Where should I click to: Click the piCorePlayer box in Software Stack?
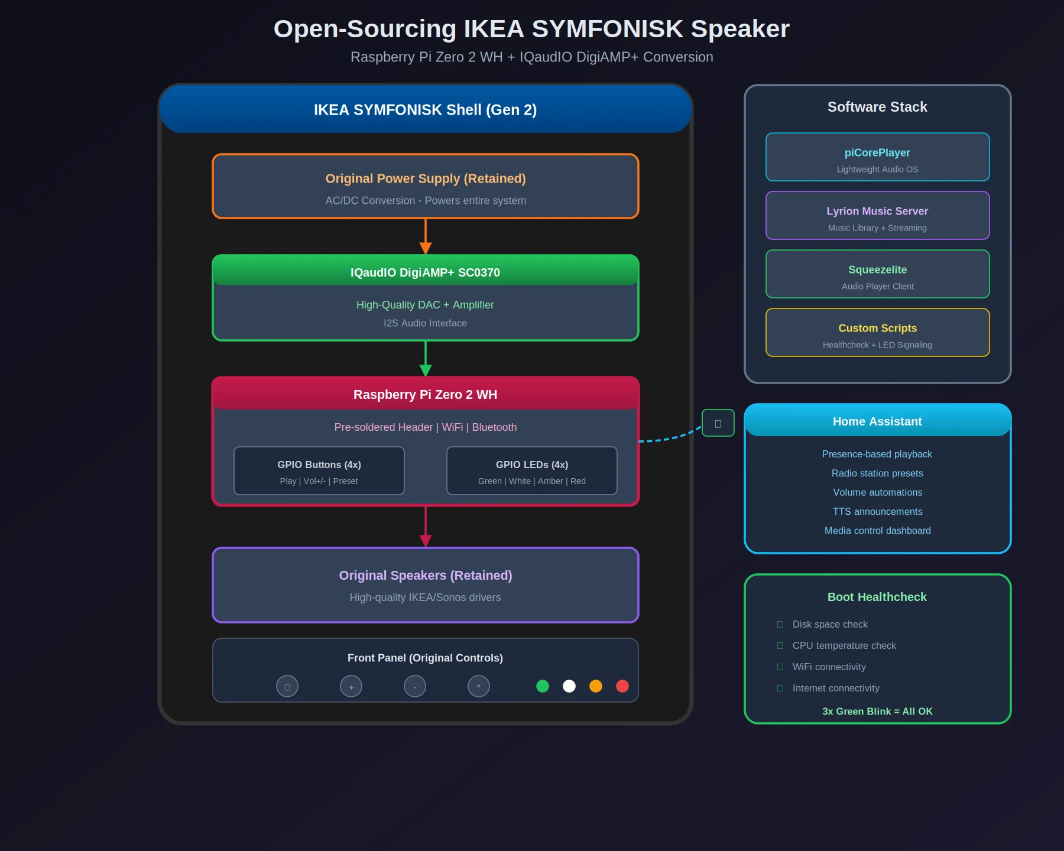pyautogui.click(x=877, y=157)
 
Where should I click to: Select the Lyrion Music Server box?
pyautogui.click(x=877, y=216)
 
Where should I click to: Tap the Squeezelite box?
pyautogui.click(x=877, y=274)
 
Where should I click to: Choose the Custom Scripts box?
pyautogui.click(x=877, y=333)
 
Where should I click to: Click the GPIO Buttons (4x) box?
pyautogui.click(x=319, y=471)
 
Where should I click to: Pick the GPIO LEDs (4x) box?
pyautogui.click(x=532, y=471)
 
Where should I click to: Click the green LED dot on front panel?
pyautogui.click(x=543, y=686)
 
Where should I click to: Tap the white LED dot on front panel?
pyautogui.click(x=569, y=686)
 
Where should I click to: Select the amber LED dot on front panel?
pyautogui.click(x=596, y=686)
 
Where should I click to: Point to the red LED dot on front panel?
pyautogui.click(x=622, y=686)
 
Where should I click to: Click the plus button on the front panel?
pyautogui.click(x=351, y=687)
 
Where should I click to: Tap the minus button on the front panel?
pyautogui.click(x=415, y=687)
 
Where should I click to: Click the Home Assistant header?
pyautogui.click(x=877, y=421)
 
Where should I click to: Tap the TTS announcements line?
pyautogui.click(x=877, y=512)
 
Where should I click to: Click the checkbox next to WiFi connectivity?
pyautogui.click(x=780, y=667)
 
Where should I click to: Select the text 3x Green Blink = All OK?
pyautogui.click(x=877, y=712)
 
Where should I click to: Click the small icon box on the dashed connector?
pyautogui.click(x=718, y=423)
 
